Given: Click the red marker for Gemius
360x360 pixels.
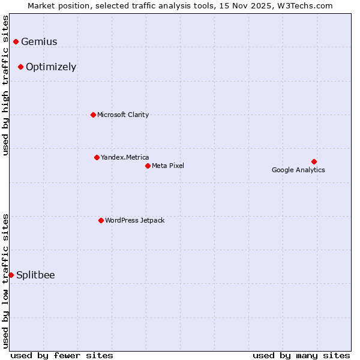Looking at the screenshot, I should tap(16, 41).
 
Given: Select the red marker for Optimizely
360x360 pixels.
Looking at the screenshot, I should tap(20, 67).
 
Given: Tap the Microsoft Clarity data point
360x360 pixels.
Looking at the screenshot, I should tap(93, 115).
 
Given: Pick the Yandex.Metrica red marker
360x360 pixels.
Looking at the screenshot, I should tap(97, 157).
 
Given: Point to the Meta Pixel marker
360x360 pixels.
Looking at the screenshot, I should tap(148, 166).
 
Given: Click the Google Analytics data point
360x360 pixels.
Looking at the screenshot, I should tap(314, 161).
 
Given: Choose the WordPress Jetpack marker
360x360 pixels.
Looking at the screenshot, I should tap(101, 220).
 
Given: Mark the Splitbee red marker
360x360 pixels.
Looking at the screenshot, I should tap(11, 275).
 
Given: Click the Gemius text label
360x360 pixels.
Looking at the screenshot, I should tap(39, 42).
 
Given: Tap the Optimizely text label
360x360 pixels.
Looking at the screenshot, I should tap(51, 67).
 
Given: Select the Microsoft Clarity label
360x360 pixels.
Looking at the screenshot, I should tap(123, 115).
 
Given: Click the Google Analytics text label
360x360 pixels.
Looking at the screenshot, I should tap(298, 170).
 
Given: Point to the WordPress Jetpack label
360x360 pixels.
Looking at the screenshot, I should tap(134, 220).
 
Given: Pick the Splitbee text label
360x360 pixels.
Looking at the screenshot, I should tap(35, 275).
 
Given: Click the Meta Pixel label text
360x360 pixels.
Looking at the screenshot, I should tap(168, 166).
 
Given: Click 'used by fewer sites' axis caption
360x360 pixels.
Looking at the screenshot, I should tap(62, 355).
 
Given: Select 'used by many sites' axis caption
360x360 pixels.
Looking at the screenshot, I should tap(301, 355).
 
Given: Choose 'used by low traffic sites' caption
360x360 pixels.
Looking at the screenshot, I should tap(5, 281).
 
